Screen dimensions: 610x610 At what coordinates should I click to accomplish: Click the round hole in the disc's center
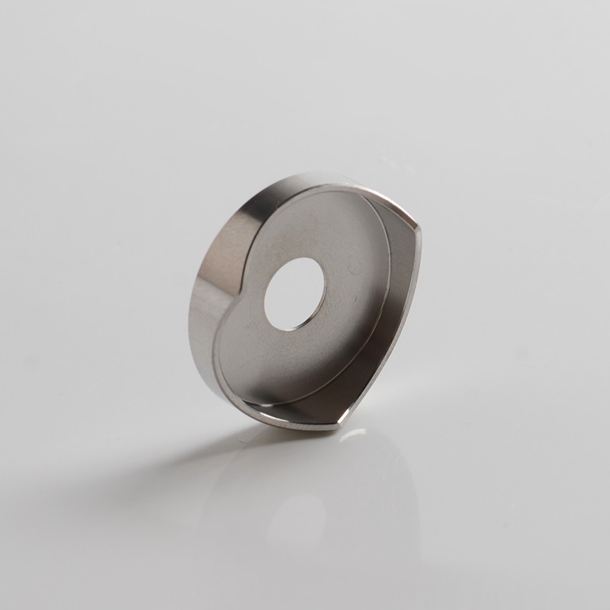[x=294, y=296]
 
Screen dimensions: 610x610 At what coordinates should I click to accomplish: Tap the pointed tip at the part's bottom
[x=336, y=423]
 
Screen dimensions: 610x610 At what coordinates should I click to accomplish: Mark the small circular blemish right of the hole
[x=353, y=269]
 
